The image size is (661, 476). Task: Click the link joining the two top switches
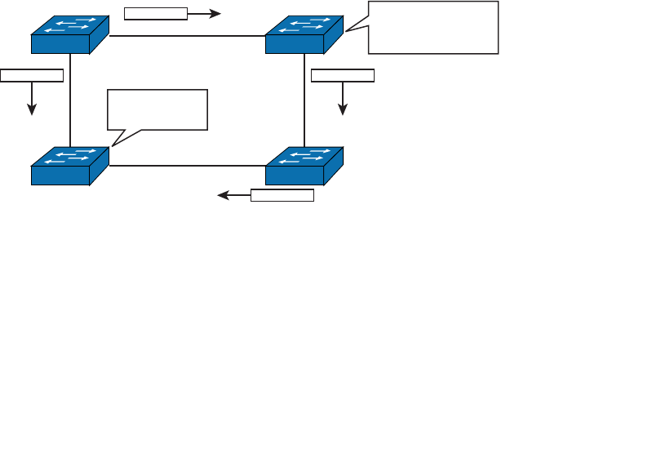click(188, 36)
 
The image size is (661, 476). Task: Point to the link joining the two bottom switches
click(188, 166)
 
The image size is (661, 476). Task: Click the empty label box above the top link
click(155, 13)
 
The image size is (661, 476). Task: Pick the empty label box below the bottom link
click(282, 195)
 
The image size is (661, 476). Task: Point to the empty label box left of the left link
click(32, 76)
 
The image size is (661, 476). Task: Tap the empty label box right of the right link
click(343, 76)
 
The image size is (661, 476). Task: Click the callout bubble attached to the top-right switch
click(433, 27)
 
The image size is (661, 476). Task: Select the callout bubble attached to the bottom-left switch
click(157, 109)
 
